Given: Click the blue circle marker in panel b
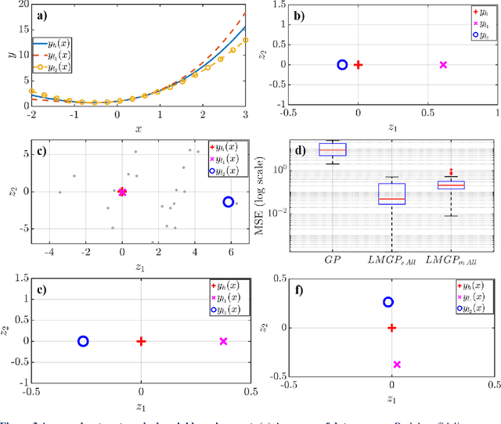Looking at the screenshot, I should click(341, 65).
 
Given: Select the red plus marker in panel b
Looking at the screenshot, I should click(359, 65).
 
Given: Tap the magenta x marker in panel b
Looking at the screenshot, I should click(443, 65).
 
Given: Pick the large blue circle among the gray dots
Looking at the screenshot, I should click(229, 202).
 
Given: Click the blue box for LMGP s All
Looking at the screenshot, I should click(391, 194).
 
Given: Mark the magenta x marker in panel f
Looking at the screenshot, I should click(397, 365).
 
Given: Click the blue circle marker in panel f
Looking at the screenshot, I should click(387, 302).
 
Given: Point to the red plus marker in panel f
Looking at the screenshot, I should click(391, 328).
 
